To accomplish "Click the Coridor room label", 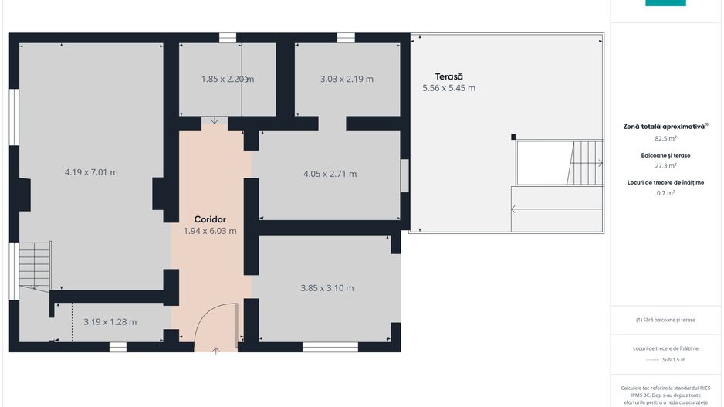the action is point(210,219).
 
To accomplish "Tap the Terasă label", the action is point(448,76).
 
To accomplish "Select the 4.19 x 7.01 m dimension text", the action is point(91,172).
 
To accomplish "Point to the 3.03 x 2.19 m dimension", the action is point(347,79).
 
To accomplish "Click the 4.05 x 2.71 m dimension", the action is point(330,175).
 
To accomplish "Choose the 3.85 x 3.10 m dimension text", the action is point(327,288).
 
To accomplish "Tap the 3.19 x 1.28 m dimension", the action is point(110,322).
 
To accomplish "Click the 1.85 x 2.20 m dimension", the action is point(228,79).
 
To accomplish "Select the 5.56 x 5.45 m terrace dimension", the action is point(448,88).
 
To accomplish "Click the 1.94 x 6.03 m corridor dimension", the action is point(210,231).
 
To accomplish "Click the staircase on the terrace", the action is point(586,163).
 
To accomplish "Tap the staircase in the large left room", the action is point(35,265).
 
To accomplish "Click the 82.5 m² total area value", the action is point(665,138).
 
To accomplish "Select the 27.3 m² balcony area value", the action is point(665,165).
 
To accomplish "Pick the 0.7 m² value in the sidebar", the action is point(665,192).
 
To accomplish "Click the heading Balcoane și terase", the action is point(665,155).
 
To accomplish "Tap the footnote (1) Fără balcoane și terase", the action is point(665,320).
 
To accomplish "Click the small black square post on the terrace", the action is point(513,137).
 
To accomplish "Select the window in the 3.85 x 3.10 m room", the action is point(330,347).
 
